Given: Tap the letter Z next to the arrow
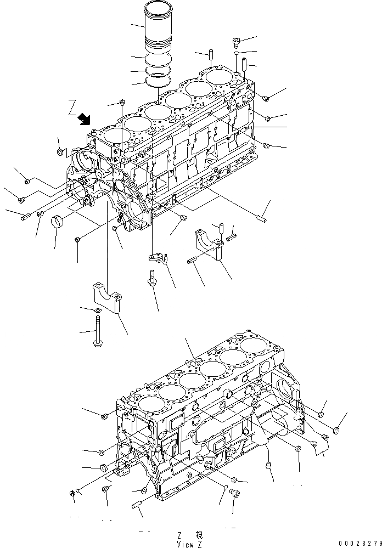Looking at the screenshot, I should (71, 107).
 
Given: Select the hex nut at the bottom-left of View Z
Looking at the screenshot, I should (73, 495).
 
